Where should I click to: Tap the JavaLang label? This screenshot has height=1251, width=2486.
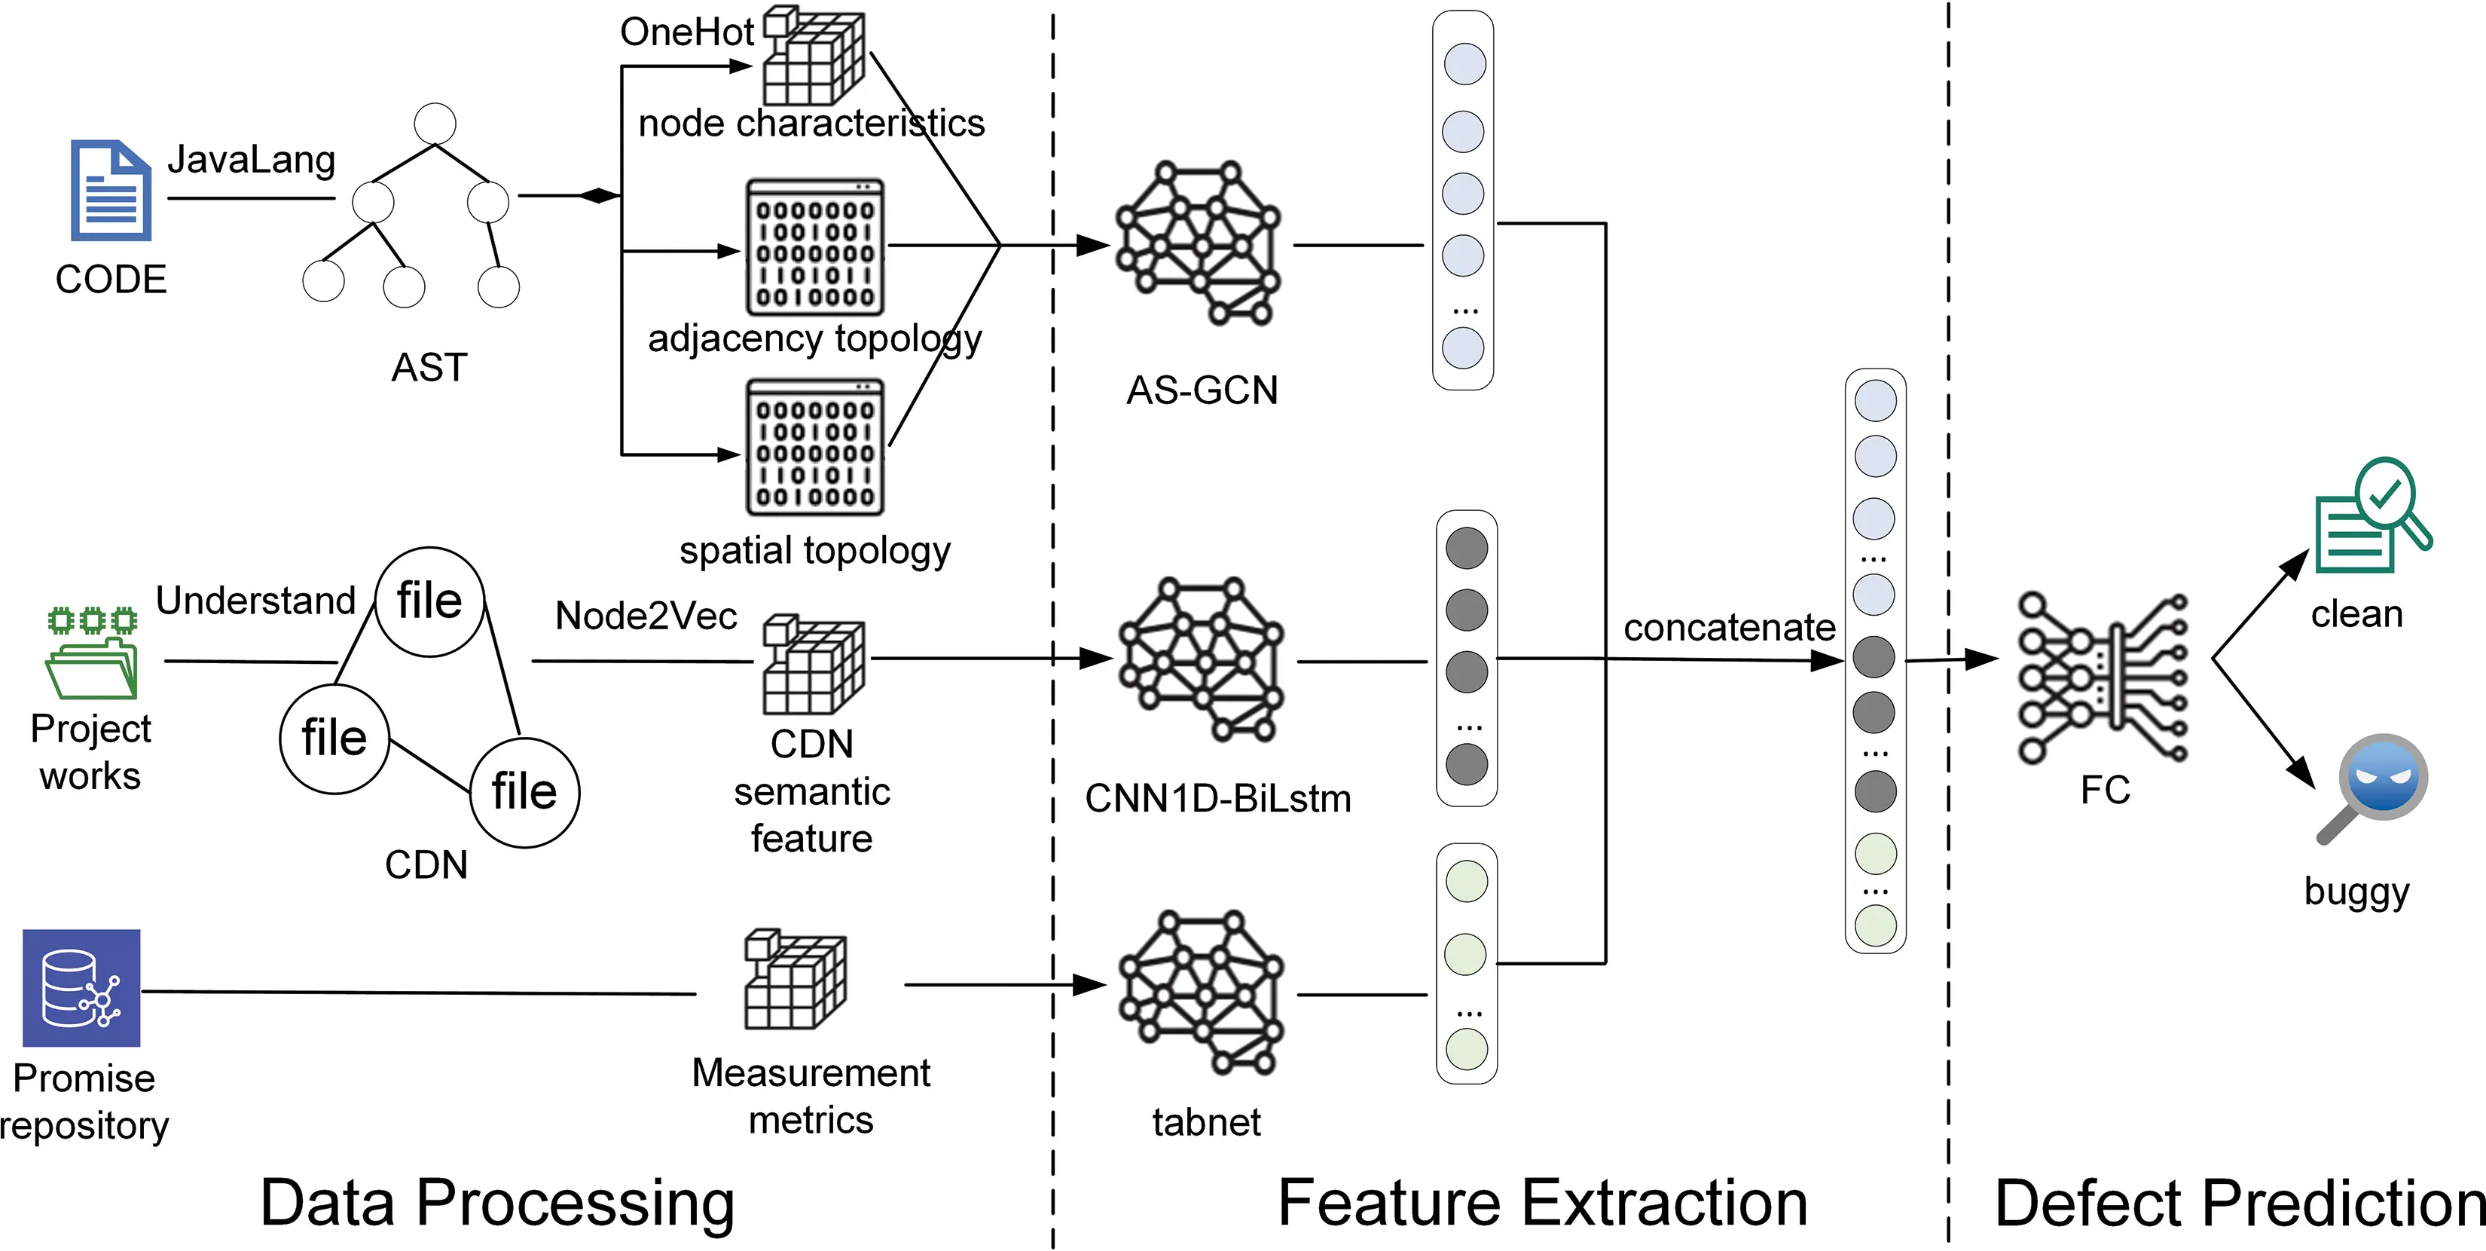pos(251,159)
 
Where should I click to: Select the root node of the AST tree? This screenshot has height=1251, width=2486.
pos(434,124)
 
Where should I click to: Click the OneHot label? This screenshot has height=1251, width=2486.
pos(686,32)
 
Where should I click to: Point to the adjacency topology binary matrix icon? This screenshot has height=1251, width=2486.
pos(815,247)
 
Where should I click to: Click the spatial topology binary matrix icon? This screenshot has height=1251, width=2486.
pos(815,447)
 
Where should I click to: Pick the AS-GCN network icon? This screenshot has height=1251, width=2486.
pos(1198,243)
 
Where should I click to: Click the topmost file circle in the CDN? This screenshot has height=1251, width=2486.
pos(429,601)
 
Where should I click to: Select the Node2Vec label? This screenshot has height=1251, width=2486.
pos(646,616)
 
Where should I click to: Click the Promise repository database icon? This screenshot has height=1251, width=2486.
pos(81,987)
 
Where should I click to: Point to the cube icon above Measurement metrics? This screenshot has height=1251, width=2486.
pos(794,980)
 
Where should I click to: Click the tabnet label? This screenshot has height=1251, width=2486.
pos(1206,1121)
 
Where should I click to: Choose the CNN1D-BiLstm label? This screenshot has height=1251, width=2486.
pos(1218,798)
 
